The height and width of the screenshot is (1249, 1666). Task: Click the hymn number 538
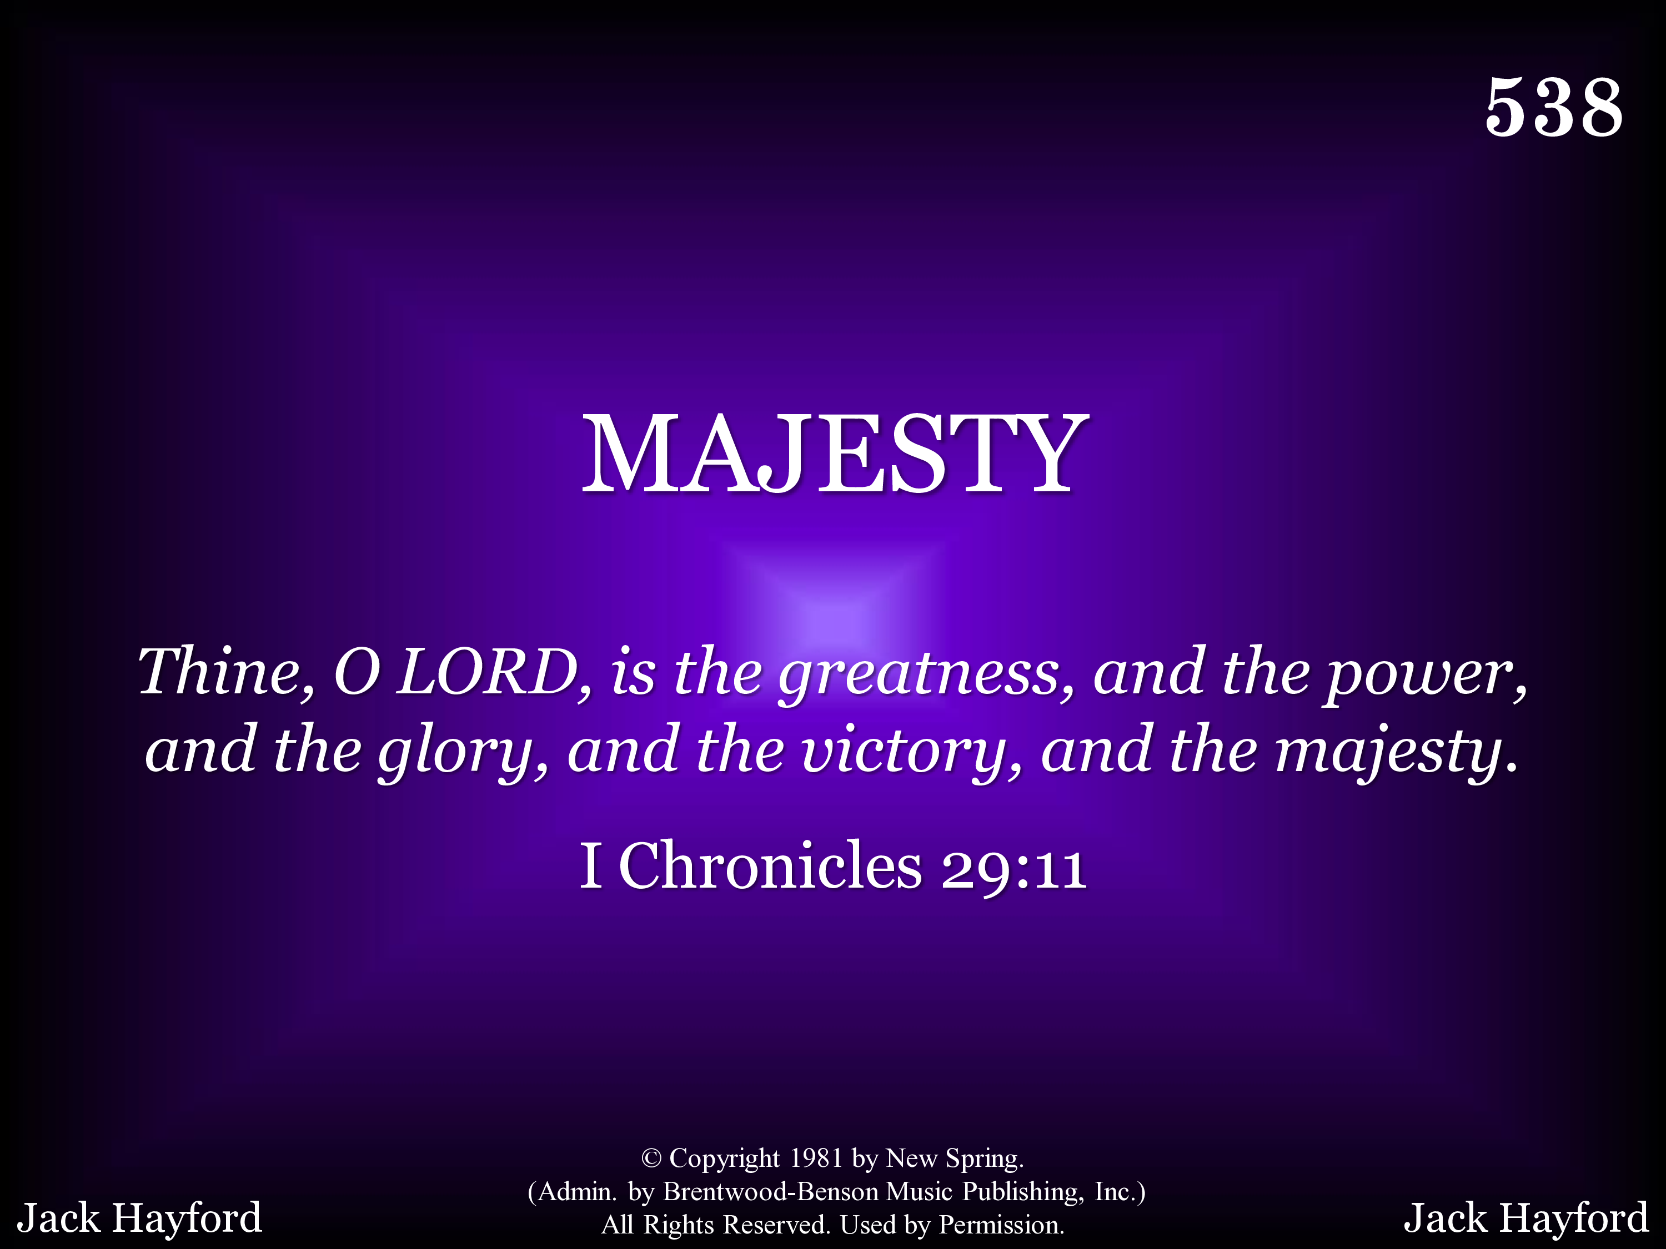1554,107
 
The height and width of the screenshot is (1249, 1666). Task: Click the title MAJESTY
835,454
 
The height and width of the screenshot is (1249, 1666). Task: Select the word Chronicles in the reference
770,866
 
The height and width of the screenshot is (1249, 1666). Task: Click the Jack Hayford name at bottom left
139,1218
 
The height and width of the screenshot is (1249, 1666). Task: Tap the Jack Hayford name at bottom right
1526,1218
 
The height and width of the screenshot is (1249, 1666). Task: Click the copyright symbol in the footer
651,1159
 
